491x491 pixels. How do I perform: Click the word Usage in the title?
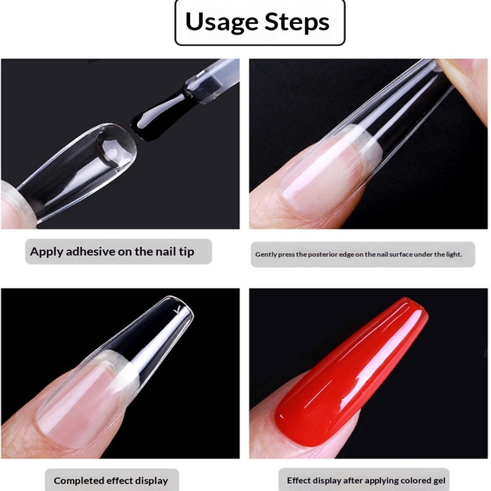click(222, 22)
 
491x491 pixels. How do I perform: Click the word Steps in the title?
click(297, 22)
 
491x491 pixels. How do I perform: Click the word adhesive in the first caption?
click(91, 252)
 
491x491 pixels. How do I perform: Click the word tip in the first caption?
click(187, 252)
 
